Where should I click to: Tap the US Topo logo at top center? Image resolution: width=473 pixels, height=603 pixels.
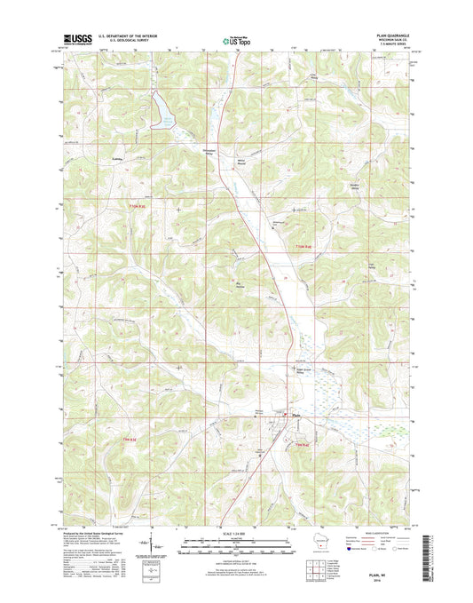(235, 38)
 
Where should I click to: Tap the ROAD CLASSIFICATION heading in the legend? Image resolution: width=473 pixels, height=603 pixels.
(376, 531)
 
